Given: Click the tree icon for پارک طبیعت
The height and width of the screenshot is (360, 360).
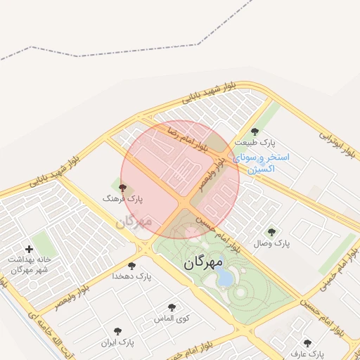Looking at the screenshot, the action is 255,131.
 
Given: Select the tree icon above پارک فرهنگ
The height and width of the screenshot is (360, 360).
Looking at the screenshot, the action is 123,188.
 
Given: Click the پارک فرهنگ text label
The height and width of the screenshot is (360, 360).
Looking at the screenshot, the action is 122,200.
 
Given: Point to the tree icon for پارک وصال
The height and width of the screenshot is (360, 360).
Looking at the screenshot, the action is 271,231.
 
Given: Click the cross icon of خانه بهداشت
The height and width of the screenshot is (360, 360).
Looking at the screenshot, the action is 29,249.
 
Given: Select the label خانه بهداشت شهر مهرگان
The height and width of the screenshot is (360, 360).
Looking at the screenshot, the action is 28,264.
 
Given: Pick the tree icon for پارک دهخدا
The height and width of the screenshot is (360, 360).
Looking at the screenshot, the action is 131,265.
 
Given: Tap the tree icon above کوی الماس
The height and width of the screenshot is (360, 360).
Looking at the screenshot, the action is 172,307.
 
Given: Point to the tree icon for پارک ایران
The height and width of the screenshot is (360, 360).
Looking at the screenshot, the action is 117,331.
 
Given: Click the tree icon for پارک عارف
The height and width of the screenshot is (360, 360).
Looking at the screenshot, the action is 307,343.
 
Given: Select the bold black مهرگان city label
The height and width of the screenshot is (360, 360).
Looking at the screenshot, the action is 203,263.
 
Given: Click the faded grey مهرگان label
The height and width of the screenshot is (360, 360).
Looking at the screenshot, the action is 134,222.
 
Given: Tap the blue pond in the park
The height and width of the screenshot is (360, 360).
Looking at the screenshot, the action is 224,278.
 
